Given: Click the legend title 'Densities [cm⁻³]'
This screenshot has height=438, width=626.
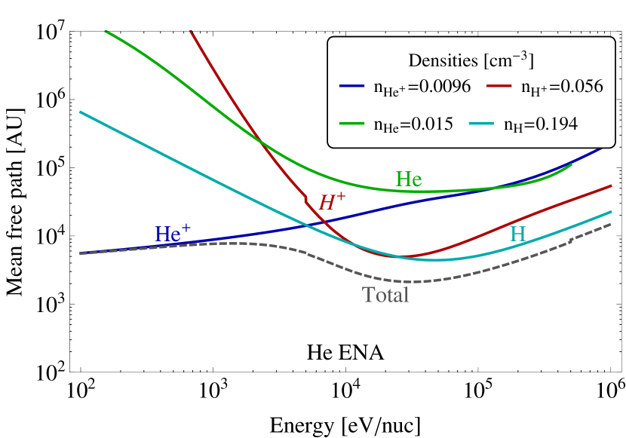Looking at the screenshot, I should (x=471, y=60).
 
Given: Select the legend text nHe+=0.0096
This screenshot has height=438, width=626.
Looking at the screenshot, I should (x=422, y=87).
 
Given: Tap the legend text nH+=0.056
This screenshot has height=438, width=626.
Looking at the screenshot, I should (x=562, y=87).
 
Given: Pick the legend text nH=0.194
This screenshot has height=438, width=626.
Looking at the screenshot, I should (x=541, y=124).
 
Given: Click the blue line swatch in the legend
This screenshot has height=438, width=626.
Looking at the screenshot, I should (x=353, y=87).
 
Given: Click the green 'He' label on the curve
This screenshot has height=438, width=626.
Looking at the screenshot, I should (x=409, y=179).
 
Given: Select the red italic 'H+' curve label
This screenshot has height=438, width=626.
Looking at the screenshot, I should (x=332, y=201).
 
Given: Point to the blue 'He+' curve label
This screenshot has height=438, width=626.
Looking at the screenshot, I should (x=173, y=233).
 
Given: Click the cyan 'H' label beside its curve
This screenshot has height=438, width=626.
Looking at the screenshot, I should (x=517, y=234).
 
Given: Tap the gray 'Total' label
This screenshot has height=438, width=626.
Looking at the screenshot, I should (x=385, y=295).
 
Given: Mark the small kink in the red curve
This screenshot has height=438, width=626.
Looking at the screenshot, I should (x=305, y=201).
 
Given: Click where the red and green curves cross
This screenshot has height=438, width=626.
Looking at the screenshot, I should (x=259, y=140).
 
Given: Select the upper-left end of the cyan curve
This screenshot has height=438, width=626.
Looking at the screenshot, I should (x=81, y=112).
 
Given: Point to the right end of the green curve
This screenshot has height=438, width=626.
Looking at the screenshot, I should (x=571, y=164).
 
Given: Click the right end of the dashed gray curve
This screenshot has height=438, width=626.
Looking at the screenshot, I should (x=611, y=224).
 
